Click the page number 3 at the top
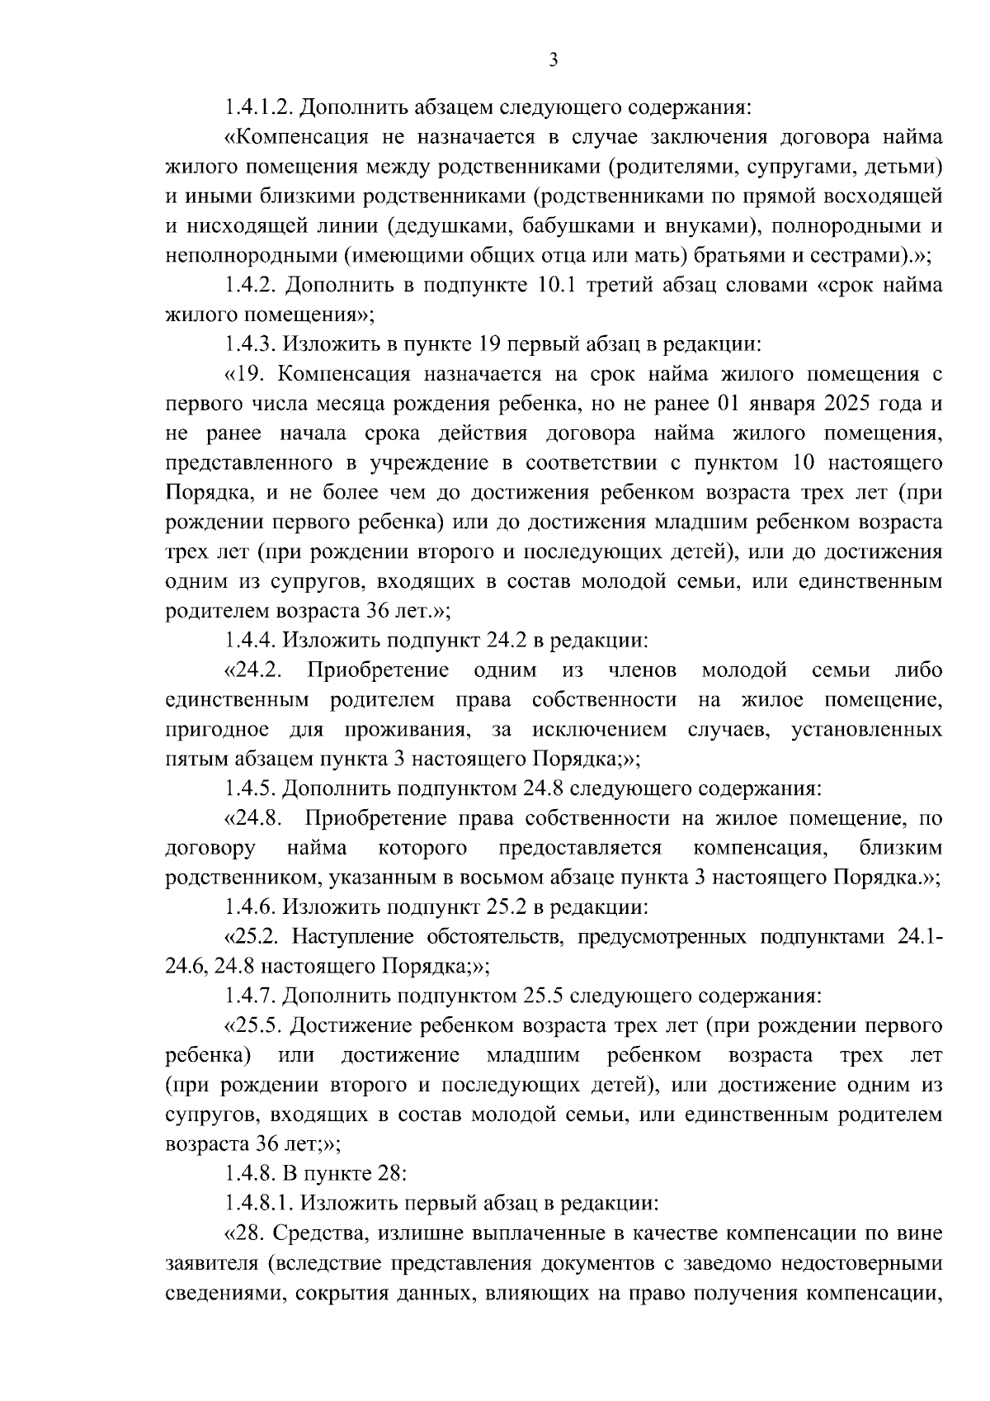[x=554, y=59]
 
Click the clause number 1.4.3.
[x=250, y=344]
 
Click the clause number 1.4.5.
[x=250, y=788]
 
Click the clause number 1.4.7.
[x=250, y=996]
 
